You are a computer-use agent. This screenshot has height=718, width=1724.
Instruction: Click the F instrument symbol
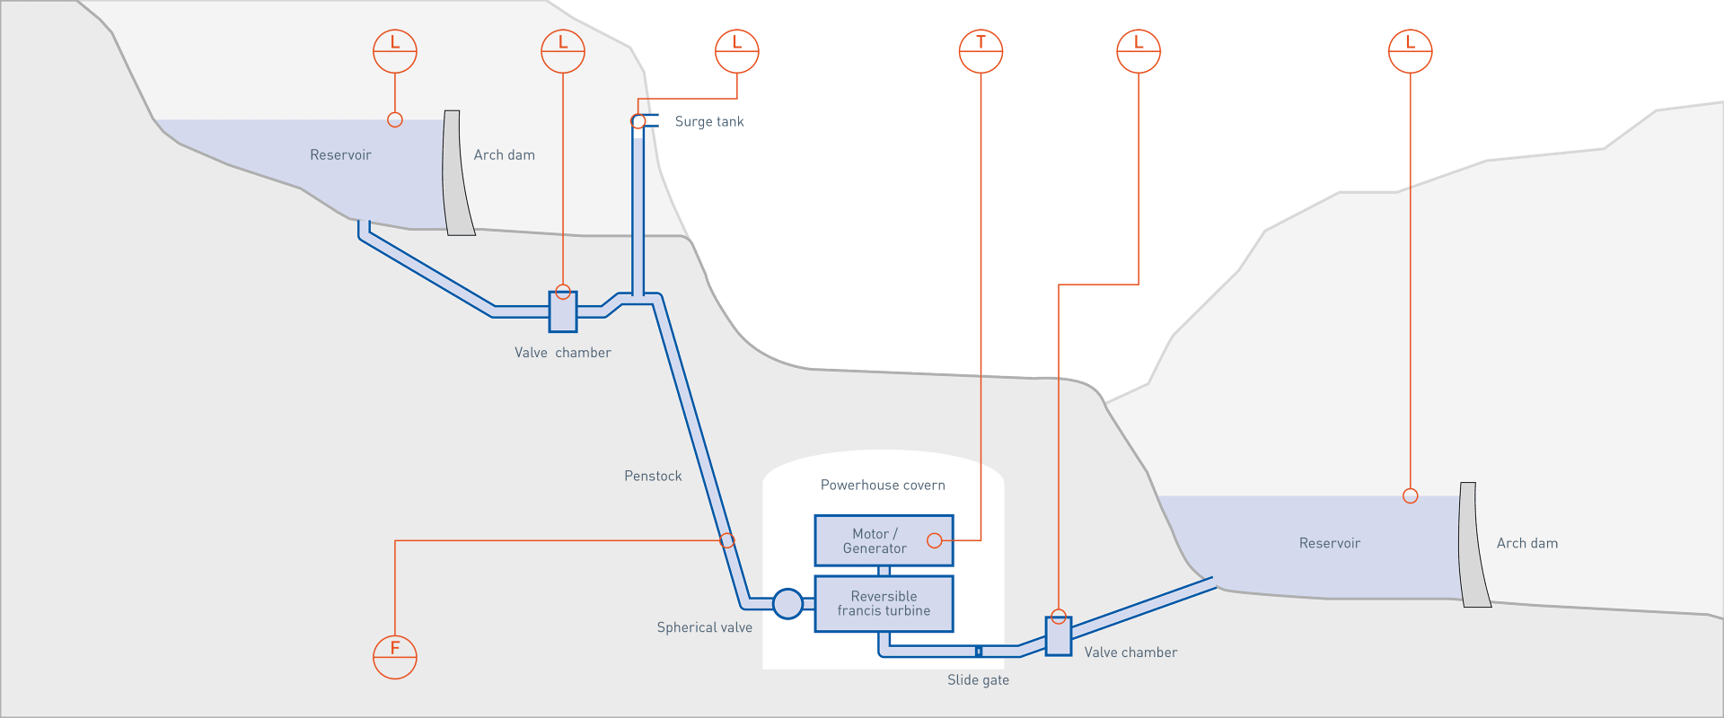(x=395, y=657)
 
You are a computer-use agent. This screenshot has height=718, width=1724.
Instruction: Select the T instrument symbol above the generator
(x=981, y=51)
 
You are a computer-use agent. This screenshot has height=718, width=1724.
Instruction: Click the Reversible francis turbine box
(x=884, y=603)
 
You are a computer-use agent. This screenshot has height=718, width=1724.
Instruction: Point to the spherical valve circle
(x=787, y=603)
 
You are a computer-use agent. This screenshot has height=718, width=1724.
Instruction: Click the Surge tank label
(x=708, y=122)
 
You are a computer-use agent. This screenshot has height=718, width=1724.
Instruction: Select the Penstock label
(x=653, y=476)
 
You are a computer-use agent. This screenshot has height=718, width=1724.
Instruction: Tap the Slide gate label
(x=978, y=680)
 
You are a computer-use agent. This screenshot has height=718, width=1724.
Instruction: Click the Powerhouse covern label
(x=883, y=486)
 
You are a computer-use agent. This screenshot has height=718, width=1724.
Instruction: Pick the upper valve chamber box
(x=563, y=312)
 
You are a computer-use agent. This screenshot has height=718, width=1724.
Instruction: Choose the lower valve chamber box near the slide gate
(x=1059, y=635)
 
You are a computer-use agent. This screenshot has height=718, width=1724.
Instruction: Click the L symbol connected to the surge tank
(x=736, y=51)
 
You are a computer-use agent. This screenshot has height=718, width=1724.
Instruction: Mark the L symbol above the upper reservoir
(x=395, y=51)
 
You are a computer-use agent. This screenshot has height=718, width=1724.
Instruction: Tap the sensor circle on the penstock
(x=727, y=540)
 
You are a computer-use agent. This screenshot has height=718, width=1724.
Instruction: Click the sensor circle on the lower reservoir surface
(x=1410, y=496)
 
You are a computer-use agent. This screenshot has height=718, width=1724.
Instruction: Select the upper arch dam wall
(x=457, y=173)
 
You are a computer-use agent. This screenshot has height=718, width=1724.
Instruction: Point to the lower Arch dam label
(x=1526, y=543)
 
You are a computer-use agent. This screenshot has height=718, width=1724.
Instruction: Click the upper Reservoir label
(x=340, y=155)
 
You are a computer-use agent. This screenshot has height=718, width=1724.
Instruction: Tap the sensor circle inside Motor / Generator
(x=934, y=540)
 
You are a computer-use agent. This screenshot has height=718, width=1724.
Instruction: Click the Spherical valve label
(x=704, y=627)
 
